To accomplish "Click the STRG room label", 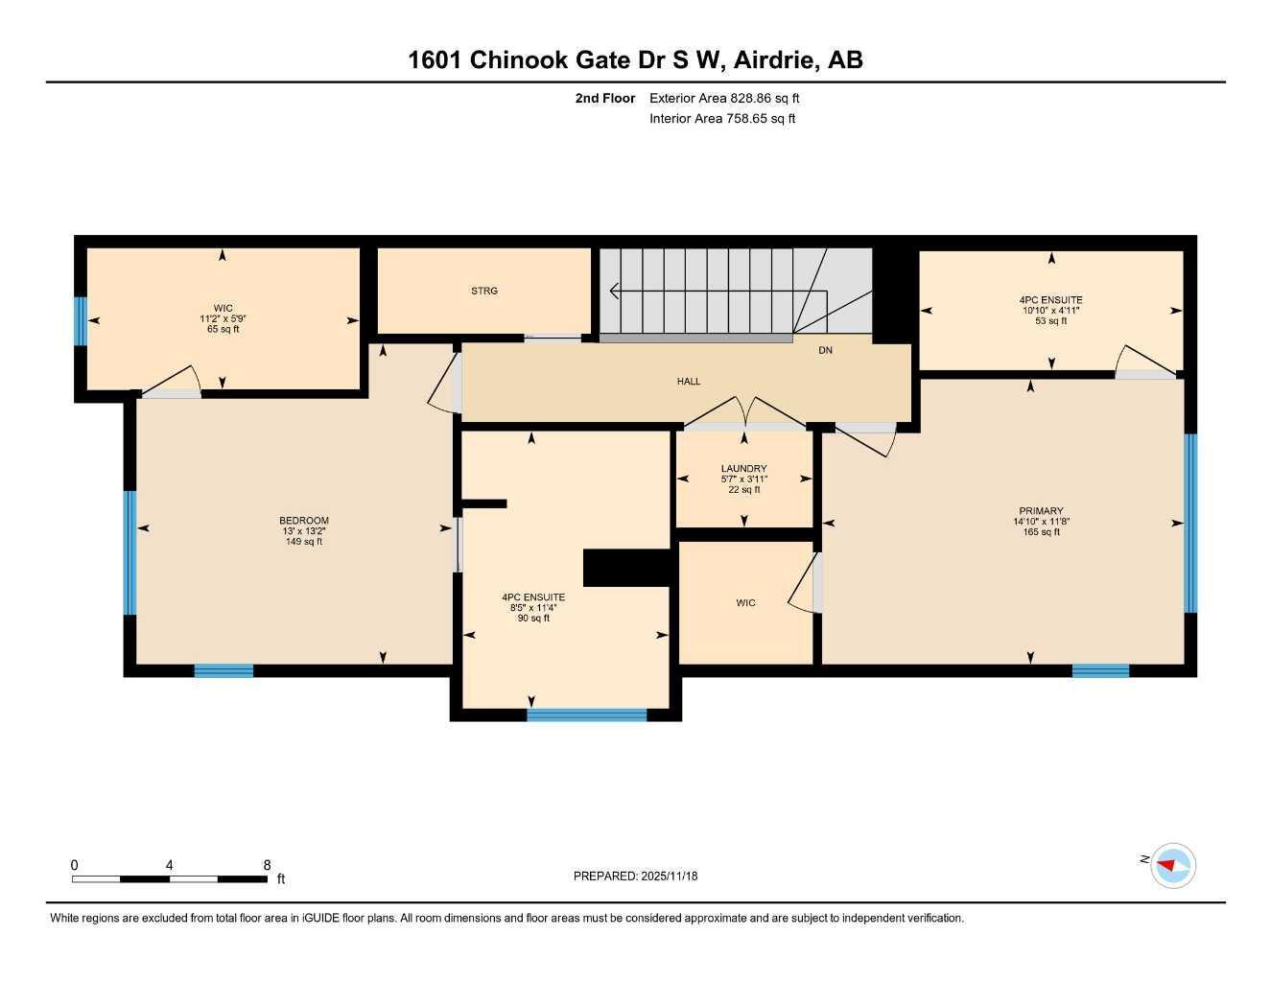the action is [484, 291].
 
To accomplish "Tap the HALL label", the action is [688, 382].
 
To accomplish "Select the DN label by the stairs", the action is [825, 351].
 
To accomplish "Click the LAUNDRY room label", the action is [743, 469].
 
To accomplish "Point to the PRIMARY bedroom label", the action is [1041, 511].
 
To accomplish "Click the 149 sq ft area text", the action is [303, 542].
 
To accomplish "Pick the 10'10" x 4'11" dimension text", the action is [1050, 311].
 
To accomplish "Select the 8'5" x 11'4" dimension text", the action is [533, 608].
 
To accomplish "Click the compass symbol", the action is [1172, 865].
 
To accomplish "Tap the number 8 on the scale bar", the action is [267, 865].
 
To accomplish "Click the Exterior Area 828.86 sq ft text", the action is [724, 98].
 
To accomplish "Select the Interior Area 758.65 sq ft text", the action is [722, 119].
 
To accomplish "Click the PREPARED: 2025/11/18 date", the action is [635, 876].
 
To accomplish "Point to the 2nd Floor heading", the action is [604, 98].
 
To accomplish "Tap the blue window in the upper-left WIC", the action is [81, 320].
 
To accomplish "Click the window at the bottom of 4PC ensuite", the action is [586, 714].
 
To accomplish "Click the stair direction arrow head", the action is [614, 291].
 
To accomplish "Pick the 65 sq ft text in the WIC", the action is [223, 329].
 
